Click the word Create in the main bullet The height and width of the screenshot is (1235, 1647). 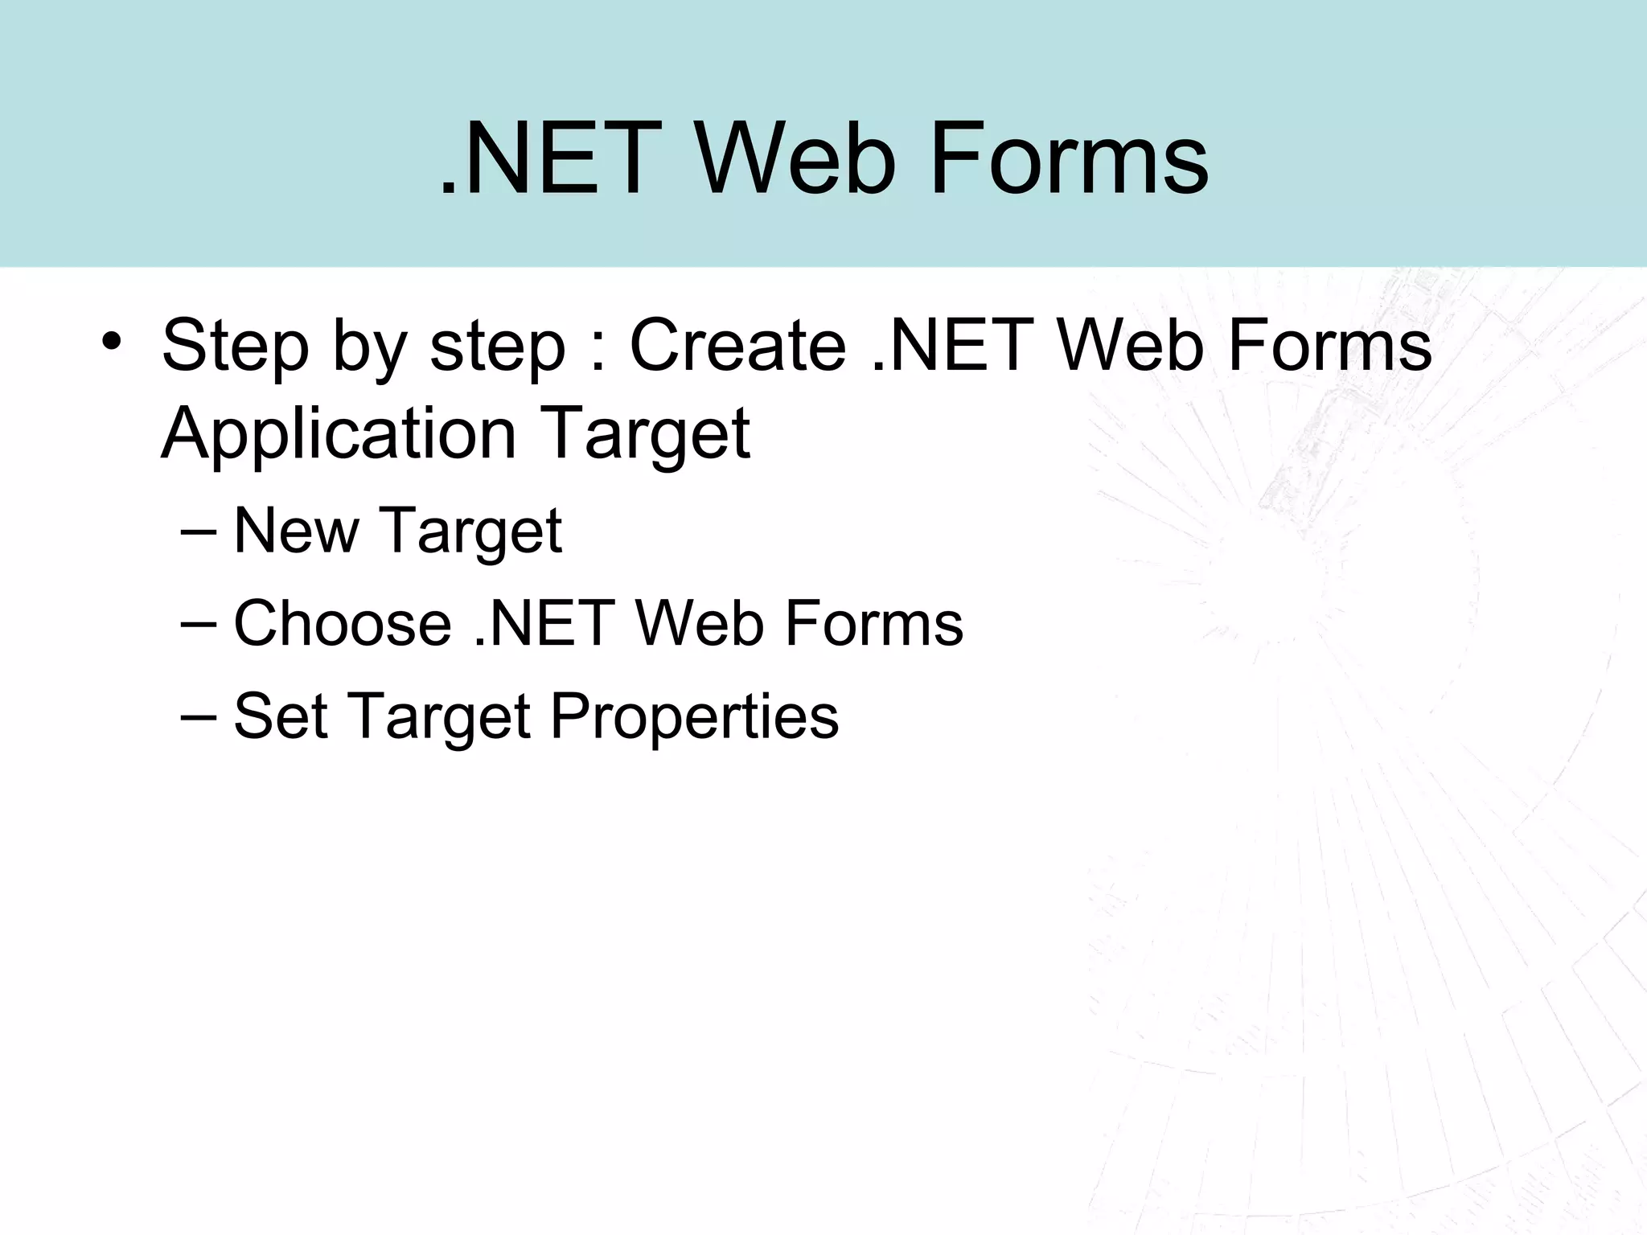point(737,346)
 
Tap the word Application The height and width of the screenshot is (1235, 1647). point(338,434)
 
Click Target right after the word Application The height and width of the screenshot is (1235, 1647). point(647,434)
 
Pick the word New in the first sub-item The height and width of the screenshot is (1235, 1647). point(296,531)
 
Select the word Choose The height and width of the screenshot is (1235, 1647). point(343,623)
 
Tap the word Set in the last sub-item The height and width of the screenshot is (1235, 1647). point(280,716)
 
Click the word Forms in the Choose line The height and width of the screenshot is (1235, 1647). point(873,623)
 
